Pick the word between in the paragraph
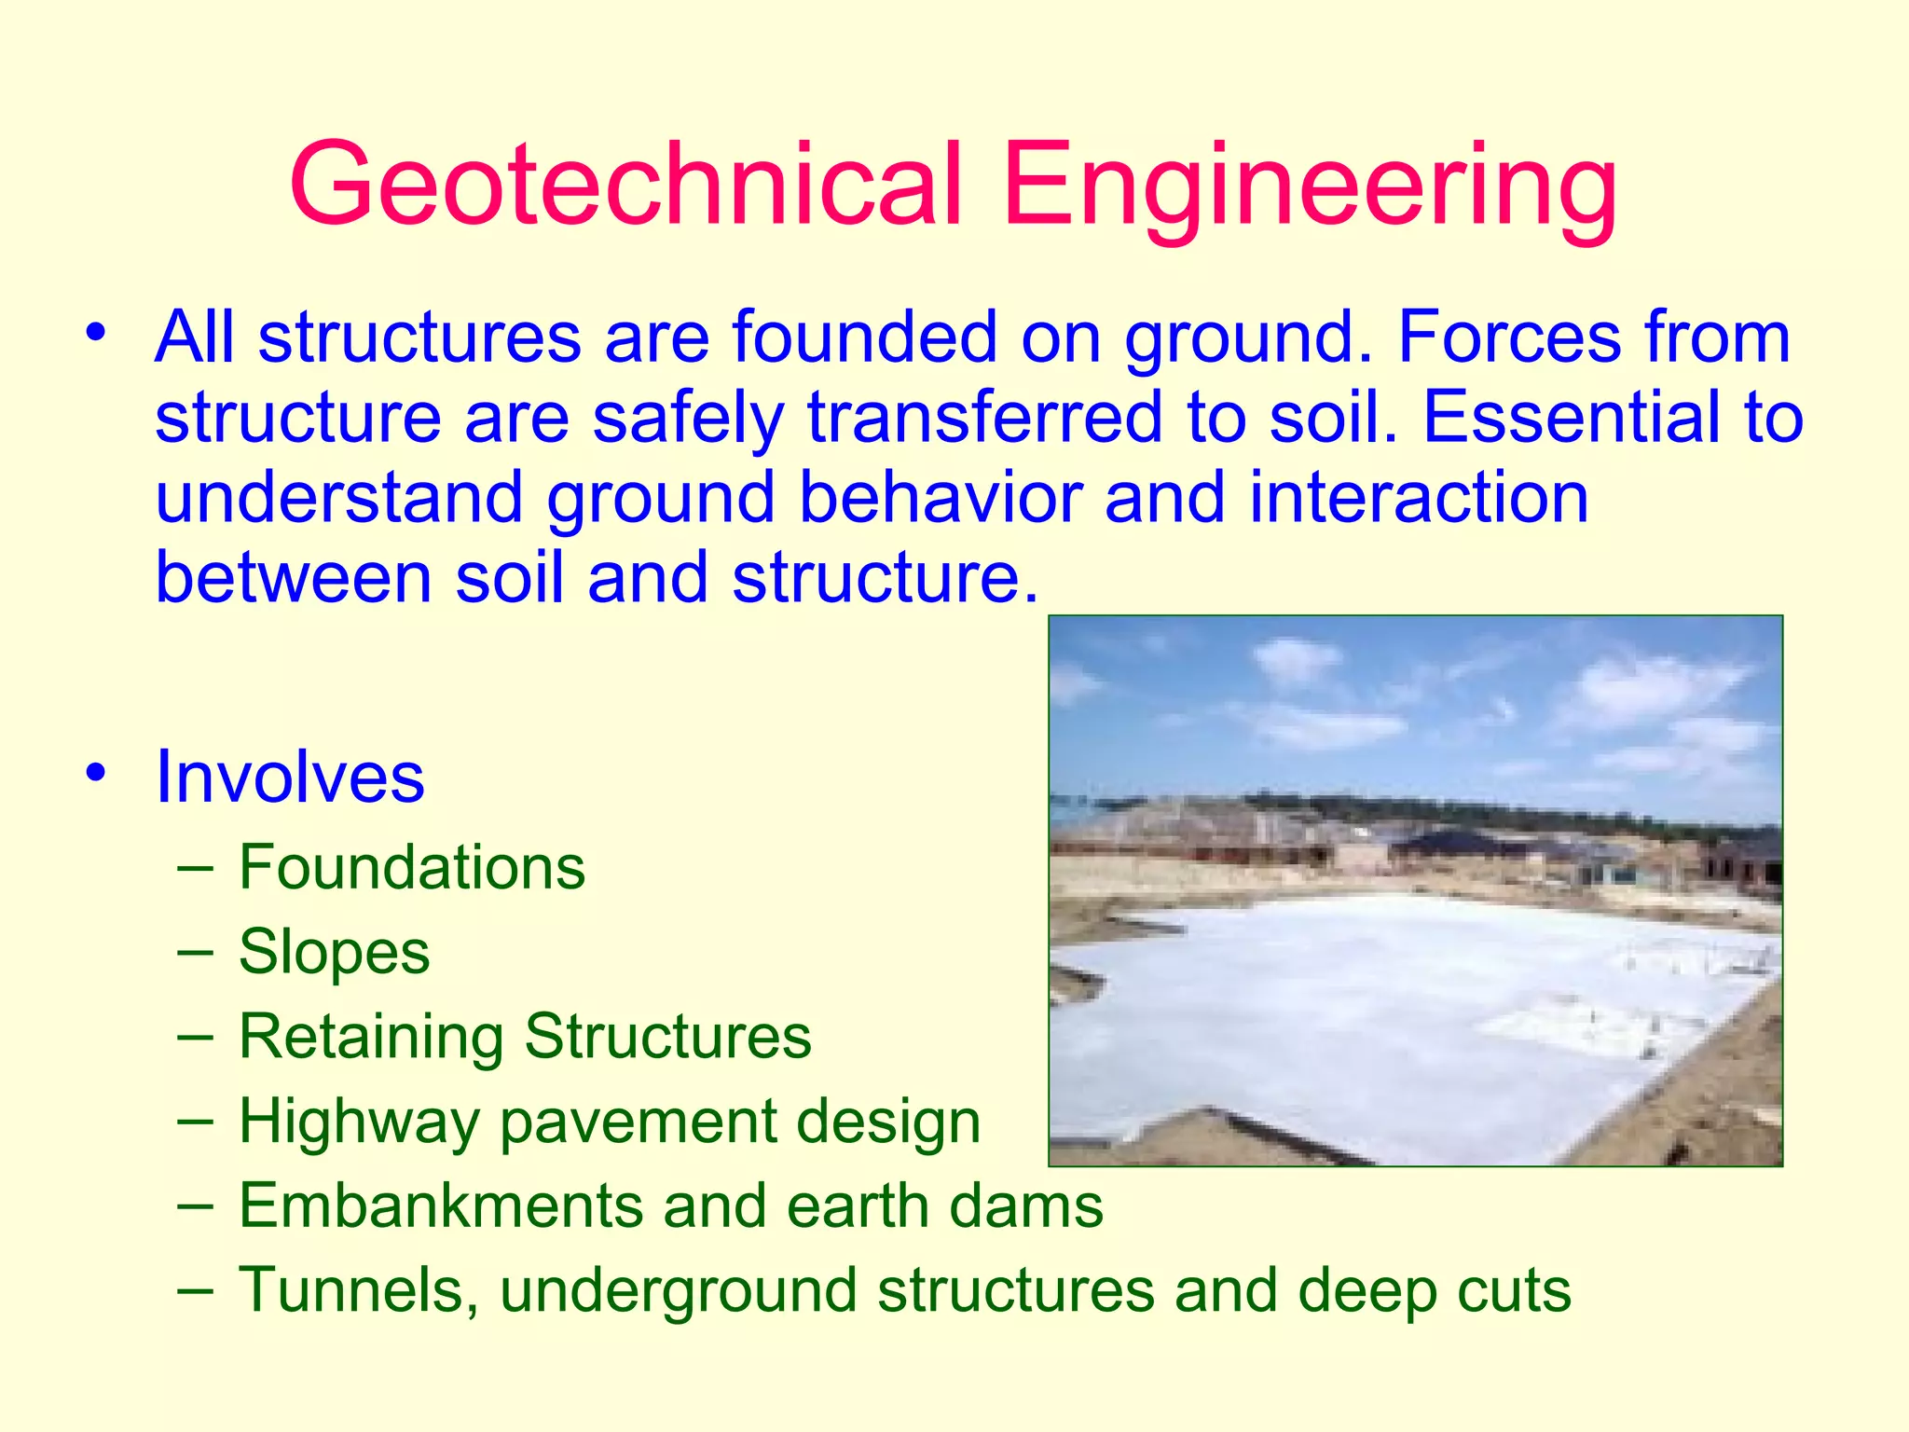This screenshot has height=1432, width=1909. [294, 577]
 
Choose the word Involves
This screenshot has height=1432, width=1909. [290, 777]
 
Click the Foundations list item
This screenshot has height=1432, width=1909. [412, 867]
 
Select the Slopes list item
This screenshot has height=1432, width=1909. [335, 952]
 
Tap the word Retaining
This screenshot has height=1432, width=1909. [370, 1037]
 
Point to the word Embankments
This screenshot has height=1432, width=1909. [439, 1205]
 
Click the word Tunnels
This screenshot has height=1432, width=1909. [359, 1290]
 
